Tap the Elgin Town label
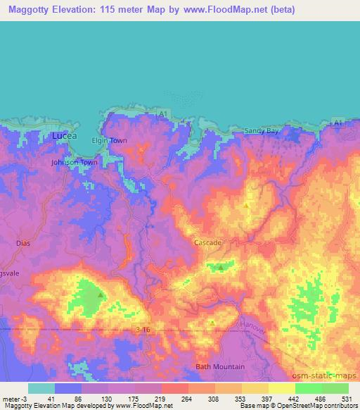(110, 141)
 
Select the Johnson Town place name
(74, 162)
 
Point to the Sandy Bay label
(262, 131)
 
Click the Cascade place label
(208, 242)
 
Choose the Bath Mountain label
(220, 366)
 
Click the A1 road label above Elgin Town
(162, 113)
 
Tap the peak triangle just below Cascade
(221, 268)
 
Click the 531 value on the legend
(345, 399)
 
